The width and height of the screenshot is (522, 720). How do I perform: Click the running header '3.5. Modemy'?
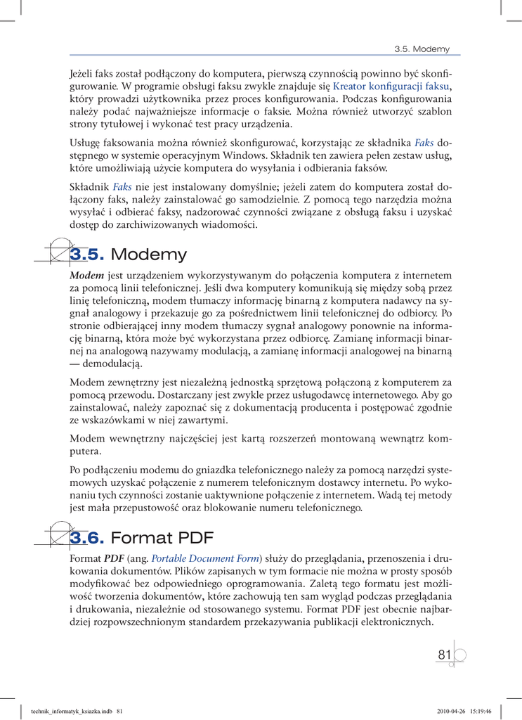pyautogui.click(x=422, y=49)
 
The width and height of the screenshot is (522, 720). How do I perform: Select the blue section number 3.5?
pyautogui.click(x=87, y=255)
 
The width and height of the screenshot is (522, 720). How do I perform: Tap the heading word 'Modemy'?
pyautogui.click(x=149, y=255)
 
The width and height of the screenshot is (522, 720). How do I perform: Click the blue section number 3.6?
pyautogui.click(x=87, y=539)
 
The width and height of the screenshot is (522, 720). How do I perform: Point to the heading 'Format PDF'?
pyautogui.click(x=162, y=539)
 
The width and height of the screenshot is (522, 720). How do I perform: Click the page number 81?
pyautogui.click(x=444, y=655)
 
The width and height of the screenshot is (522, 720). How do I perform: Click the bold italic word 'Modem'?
pyautogui.click(x=87, y=276)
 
